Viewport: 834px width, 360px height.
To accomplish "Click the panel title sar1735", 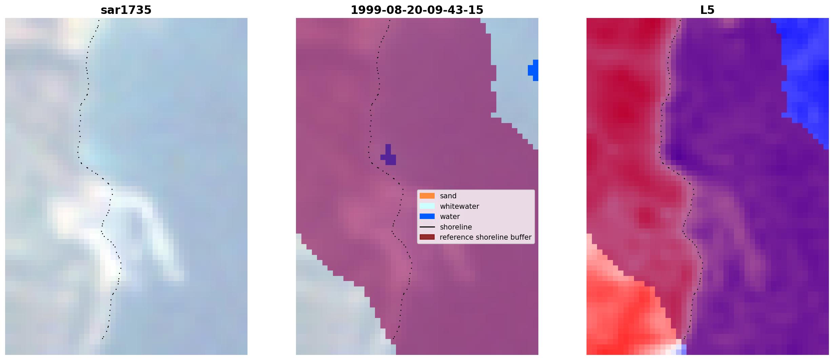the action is (x=126, y=10).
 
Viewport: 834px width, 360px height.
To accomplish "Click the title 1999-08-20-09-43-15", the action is (x=417, y=10).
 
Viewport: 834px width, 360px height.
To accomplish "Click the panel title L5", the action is (x=707, y=10).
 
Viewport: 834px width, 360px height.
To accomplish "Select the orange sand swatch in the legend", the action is (x=427, y=196).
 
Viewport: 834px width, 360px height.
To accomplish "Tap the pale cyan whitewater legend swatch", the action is (x=427, y=206).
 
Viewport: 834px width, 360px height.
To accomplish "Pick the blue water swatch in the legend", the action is (x=427, y=216).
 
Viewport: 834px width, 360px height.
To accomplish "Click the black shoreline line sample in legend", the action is (x=427, y=227).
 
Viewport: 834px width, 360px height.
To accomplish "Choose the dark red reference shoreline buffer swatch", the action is (x=427, y=237).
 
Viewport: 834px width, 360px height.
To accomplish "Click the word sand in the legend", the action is (x=448, y=196).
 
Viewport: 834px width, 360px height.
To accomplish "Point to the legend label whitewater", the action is (x=459, y=206).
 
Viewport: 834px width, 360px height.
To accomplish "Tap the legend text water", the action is (x=450, y=217).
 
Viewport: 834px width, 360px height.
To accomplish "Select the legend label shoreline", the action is (x=456, y=227).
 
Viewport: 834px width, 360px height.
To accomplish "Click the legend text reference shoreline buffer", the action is (x=485, y=237).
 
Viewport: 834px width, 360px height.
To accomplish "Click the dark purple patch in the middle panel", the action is (x=389, y=157).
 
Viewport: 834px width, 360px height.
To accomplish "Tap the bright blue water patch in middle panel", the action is (x=534, y=70).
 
